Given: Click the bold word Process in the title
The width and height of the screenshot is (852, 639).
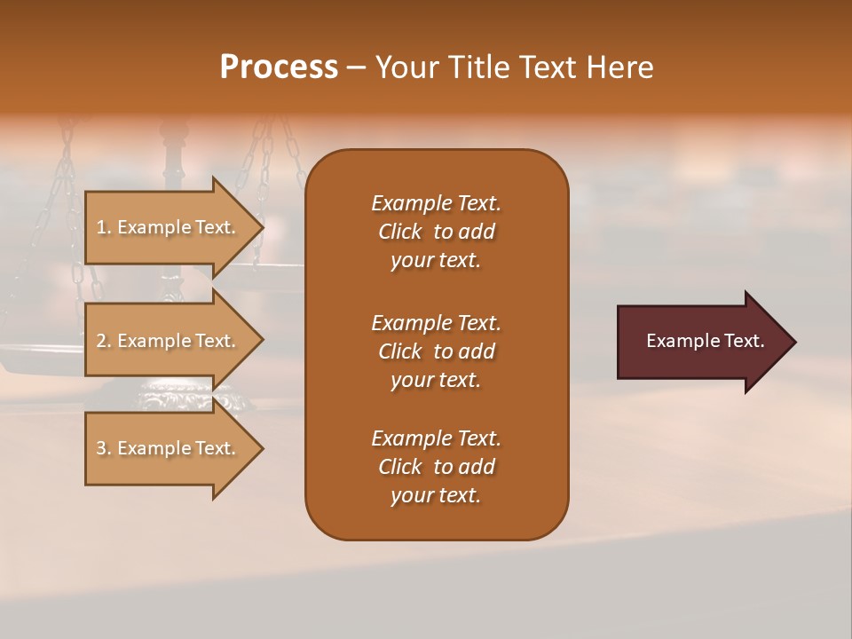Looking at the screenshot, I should click(x=279, y=67).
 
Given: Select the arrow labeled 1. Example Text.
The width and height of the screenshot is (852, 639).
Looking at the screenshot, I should click(x=169, y=227).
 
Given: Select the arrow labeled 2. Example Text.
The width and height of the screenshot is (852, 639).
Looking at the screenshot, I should click(x=169, y=341).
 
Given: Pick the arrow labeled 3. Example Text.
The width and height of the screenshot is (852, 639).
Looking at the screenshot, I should click(x=169, y=448).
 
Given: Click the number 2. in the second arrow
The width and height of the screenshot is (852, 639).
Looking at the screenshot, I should click(x=104, y=341).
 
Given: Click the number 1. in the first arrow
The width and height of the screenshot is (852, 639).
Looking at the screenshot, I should click(x=104, y=227).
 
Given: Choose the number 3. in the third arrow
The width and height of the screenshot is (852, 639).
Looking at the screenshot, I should click(x=104, y=448).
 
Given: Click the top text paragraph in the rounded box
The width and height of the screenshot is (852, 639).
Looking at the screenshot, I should click(x=436, y=232).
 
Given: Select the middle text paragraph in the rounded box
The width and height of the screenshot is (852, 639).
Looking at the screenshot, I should click(x=436, y=351).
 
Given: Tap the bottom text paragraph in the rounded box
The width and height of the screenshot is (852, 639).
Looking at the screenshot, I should click(x=436, y=467).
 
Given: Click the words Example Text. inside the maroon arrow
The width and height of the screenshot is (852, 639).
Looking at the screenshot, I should click(x=706, y=341).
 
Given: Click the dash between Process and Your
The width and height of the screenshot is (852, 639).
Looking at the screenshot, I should click(x=356, y=68).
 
